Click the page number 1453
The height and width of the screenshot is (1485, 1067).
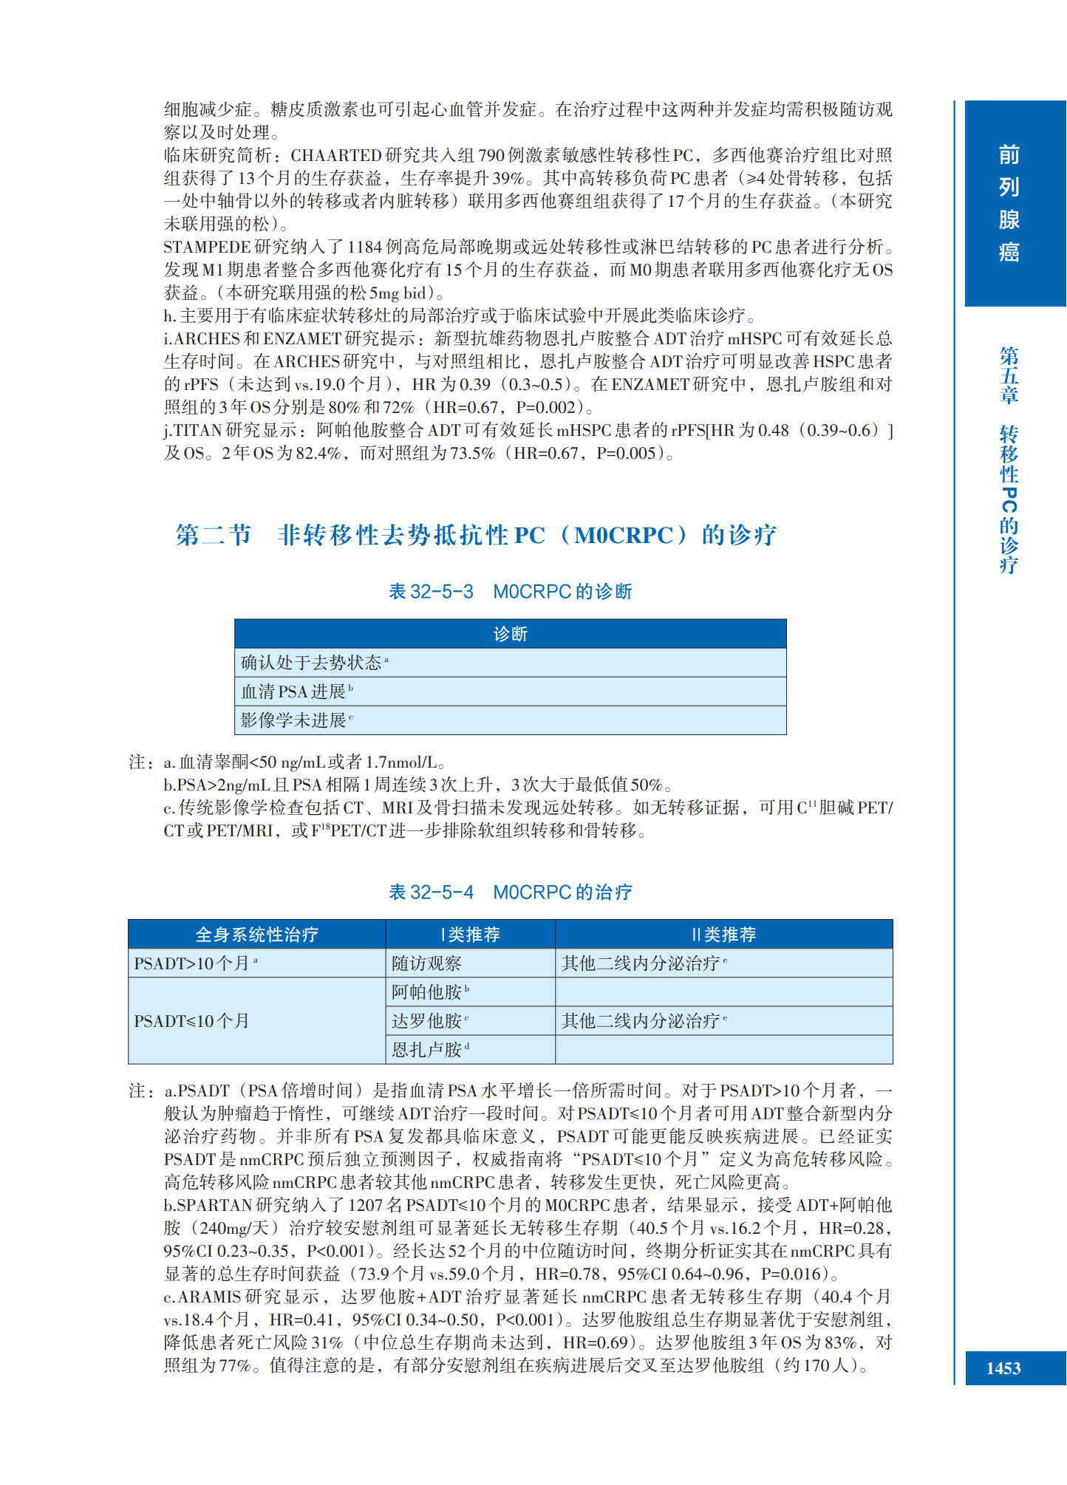click(x=1003, y=1368)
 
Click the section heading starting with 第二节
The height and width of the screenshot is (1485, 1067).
click(x=475, y=534)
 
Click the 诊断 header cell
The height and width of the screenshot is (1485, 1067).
click(x=510, y=633)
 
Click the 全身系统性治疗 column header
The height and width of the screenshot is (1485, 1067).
click(x=256, y=935)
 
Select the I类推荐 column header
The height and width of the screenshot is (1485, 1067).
click(x=470, y=935)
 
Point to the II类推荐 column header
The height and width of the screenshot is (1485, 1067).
click(x=723, y=935)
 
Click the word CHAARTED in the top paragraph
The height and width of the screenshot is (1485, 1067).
click(x=335, y=155)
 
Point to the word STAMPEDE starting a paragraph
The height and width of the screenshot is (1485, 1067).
click(x=207, y=247)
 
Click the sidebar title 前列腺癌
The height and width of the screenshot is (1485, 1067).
click(x=1009, y=203)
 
